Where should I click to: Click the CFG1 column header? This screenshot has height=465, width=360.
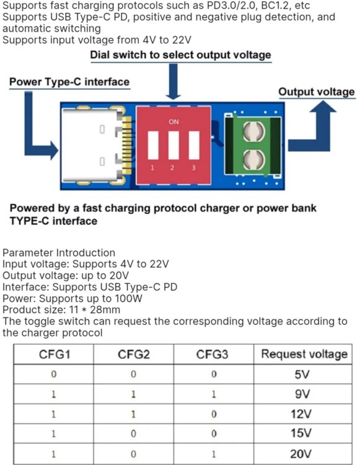[55, 354]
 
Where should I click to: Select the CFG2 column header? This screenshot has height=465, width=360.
[134, 354]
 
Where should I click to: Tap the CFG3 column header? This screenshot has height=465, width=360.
[213, 354]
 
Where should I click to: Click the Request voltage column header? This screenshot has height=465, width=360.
[304, 354]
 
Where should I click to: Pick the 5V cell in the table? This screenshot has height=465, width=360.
[302, 374]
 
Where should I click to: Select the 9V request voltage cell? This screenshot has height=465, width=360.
[302, 394]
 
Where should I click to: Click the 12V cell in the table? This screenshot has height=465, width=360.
[301, 414]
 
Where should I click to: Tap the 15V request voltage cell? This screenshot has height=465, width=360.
[301, 433]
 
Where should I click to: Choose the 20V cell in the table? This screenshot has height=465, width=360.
[301, 454]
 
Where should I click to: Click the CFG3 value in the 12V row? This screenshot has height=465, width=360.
[214, 414]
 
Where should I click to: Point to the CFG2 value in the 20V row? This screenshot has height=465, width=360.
[133, 454]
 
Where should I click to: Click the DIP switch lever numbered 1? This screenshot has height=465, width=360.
[153, 145]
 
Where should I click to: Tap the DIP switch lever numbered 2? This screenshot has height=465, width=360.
[173, 145]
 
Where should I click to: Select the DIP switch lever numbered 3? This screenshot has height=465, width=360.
[194, 145]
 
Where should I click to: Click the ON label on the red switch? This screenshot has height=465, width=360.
[173, 122]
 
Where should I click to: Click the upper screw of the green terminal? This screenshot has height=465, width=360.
[254, 131]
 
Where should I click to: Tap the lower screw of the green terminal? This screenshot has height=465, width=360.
[254, 160]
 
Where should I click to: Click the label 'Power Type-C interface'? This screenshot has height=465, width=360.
[69, 82]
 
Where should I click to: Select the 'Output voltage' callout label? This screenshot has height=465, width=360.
[317, 92]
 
